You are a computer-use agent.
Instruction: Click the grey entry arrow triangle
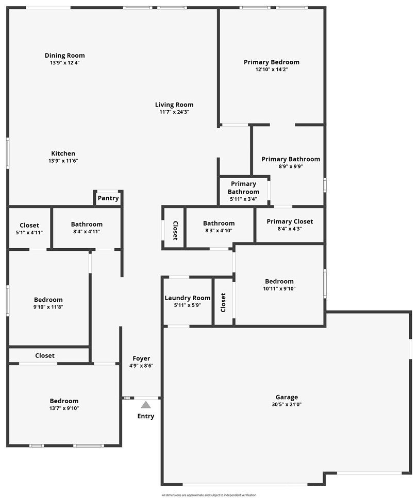click(146, 405)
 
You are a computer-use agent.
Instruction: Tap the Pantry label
click(108, 198)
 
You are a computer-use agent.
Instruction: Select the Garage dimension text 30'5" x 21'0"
click(287, 404)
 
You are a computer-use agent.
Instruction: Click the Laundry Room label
click(188, 298)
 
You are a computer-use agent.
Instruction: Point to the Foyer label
click(141, 358)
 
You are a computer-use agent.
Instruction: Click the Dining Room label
click(65, 56)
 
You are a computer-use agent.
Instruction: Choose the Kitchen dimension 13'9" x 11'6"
click(63, 161)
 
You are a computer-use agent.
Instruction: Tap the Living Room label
click(174, 105)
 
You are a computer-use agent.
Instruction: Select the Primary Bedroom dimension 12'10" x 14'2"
click(272, 69)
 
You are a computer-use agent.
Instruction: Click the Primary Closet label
click(290, 221)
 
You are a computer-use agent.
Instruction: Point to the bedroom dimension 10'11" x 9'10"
click(279, 288)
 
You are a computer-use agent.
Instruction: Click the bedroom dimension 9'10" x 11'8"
click(48, 307)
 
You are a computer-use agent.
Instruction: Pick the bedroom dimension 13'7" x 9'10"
click(64, 408)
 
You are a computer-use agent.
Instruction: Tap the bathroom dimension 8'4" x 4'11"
click(87, 231)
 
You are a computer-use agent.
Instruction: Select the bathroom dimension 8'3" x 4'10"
click(219, 230)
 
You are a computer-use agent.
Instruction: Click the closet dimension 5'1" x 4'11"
click(29, 232)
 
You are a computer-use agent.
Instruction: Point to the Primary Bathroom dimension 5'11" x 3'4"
click(243, 199)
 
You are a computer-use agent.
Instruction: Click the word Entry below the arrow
click(146, 416)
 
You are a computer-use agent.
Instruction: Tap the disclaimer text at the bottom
click(209, 495)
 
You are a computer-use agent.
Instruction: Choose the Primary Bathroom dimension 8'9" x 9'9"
click(291, 166)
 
